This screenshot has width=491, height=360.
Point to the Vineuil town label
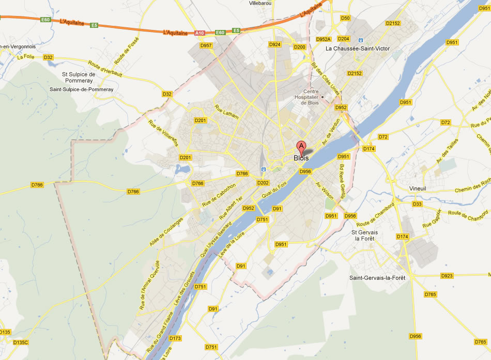click(417, 189)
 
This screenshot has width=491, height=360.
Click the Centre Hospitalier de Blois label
click(311, 97)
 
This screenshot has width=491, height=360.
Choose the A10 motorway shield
click(200, 33)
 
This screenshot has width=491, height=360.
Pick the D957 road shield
click(206, 45)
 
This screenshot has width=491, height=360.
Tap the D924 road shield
click(274, 45)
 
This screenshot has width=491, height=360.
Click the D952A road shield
click(323, 39)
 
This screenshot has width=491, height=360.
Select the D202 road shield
click(263, 183)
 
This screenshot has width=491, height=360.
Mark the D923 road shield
click(447, 276)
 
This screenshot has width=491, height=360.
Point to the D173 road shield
click(175, 338)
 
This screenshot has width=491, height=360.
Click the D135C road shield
click(20, 342)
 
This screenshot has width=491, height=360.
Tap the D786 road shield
click(37, 185)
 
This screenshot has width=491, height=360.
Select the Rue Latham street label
click(227, 112)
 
